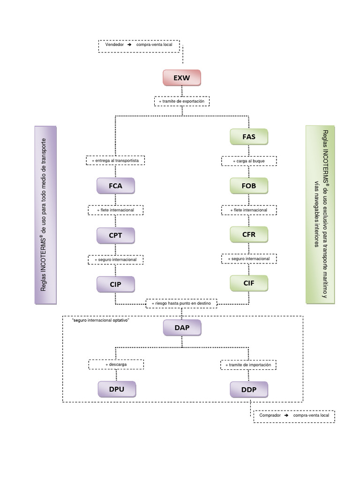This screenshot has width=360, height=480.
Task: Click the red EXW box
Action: click(x=181, y=78)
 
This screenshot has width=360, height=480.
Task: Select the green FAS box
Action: click(x=249, y=137)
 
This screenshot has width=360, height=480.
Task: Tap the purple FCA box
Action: click(x=115, y=186)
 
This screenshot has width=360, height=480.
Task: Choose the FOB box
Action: click(x=249, y=186)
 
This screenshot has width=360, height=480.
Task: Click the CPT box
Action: click(x=115, y=235)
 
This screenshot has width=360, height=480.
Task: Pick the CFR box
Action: click(x=249, y=234)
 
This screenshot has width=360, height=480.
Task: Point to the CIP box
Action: click(x=115, y=284)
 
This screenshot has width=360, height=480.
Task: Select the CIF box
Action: click(x=249, y=283)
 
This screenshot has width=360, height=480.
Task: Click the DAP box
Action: click(x=182, y=328)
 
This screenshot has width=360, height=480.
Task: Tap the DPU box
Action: click(x=117, y=389)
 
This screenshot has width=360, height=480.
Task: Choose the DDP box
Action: click(x=249, y=389)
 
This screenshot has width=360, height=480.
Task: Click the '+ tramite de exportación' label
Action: click(x=181, y=101)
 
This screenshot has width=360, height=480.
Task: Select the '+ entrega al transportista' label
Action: click(x=115, y=161)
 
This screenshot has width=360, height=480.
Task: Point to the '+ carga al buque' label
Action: click(x=249, y=161)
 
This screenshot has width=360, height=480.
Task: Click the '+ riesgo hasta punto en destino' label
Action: click(x=181, y=303)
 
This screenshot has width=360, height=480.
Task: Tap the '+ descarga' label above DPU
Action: click(x=116, y=364)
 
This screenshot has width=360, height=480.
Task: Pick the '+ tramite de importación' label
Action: click(x=248, y=364)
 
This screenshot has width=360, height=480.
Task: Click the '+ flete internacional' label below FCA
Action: click(x=115, y=210)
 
